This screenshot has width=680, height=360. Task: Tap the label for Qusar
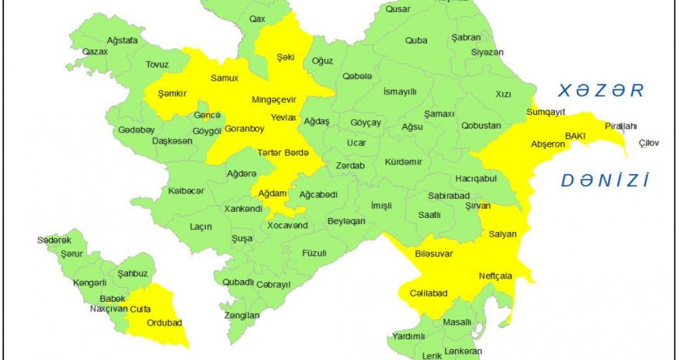tap(397, 9)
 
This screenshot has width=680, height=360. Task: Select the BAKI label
tap(574, 136)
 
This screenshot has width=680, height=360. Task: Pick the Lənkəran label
tap(464, 351)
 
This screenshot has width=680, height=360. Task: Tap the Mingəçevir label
tap(275, 99)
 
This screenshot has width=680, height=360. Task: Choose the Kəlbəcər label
tap(186, 191)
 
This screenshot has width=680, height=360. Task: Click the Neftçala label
tap(495, 275)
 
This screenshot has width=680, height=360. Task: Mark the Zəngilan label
tap(241, 316)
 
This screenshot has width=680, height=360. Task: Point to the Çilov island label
tap(648, 143)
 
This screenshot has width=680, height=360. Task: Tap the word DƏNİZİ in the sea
tap(604, 182)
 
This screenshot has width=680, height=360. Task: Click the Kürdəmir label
tap(404, 161)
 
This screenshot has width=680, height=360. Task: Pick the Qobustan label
tap(482, 125)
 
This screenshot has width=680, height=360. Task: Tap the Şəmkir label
tap(172, 93)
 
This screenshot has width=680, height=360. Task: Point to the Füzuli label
tap(314, 253)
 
